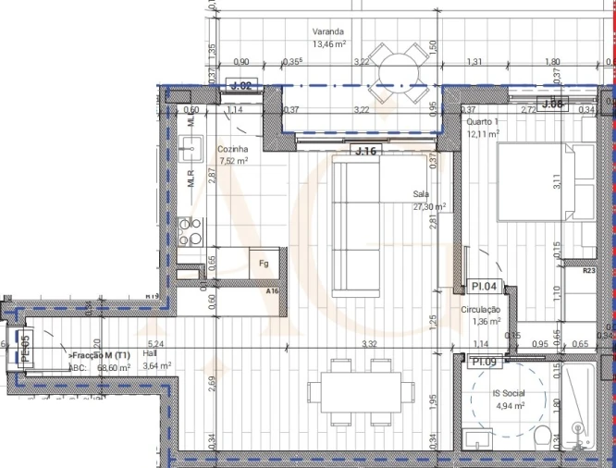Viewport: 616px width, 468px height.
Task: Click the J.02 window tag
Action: pyautogui.click(x=242, y=86)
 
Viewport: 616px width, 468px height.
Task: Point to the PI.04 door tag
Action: pyautogui.click(x=486, y=287)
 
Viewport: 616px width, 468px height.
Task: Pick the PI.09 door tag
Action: pyautogui.click(x=487, y=362)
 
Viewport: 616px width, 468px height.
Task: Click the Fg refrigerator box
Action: pyautogui.click(x=264, y=264)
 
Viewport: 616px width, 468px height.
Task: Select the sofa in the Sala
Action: pyautogui.click(x=356, y=227)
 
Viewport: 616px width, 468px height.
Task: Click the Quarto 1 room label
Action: pyautogui.click(x=483, y=128)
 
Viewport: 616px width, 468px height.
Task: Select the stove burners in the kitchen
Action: pyautogui.click(x=191, y=229)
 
